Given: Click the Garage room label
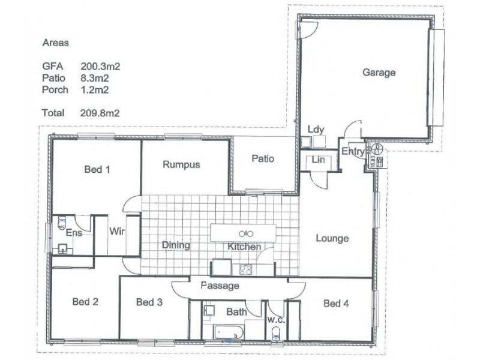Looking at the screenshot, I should [x=379, y=73].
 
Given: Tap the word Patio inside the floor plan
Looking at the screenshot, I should [x=263, y=158].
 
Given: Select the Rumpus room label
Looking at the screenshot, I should [x=181, y=164].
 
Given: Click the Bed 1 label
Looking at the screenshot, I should [x=97, y=170].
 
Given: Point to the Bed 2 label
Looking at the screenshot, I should [x=85, y=301].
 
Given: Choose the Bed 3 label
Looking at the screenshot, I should [x=149, y=302].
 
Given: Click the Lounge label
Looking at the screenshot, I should [x=332, y=239].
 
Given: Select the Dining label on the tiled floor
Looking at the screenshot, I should [x=175, y=245].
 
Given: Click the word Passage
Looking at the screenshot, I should [x=220, y=286].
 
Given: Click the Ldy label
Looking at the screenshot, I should [x=316, y=130].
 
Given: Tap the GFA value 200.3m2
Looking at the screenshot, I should [x=100, y=67].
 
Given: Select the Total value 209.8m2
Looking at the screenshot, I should [x=100, y=112].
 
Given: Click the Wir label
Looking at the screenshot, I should [x=116, y=232].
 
